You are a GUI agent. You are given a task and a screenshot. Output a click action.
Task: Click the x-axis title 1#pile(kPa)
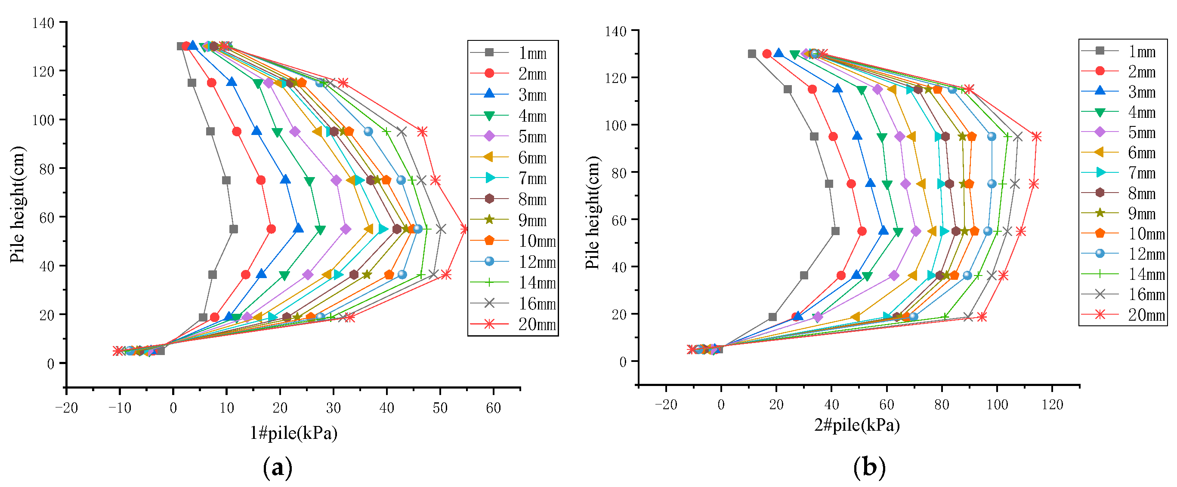[293, 433]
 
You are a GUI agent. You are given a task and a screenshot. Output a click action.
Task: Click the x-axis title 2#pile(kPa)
[857, 425]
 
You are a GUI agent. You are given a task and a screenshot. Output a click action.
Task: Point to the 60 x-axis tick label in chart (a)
[493, 408]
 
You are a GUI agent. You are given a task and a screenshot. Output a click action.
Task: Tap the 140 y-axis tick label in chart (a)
[43, 23]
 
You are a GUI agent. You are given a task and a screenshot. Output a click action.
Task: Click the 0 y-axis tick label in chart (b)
[623, 362]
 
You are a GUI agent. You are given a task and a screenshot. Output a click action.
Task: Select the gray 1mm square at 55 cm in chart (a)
[234, 229]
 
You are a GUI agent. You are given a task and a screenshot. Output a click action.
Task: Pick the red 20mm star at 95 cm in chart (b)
[1037, 136]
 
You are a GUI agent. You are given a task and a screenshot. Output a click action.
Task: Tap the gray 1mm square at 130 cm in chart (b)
[752, 54]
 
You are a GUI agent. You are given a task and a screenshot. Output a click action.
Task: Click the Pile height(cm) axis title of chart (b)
[592, 213]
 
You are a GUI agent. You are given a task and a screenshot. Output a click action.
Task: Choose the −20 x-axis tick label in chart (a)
[66, 408]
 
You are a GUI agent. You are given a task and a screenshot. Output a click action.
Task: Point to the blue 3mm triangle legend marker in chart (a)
[489, 94]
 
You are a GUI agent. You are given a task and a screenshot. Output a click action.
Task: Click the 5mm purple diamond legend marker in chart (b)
[1100, 132]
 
